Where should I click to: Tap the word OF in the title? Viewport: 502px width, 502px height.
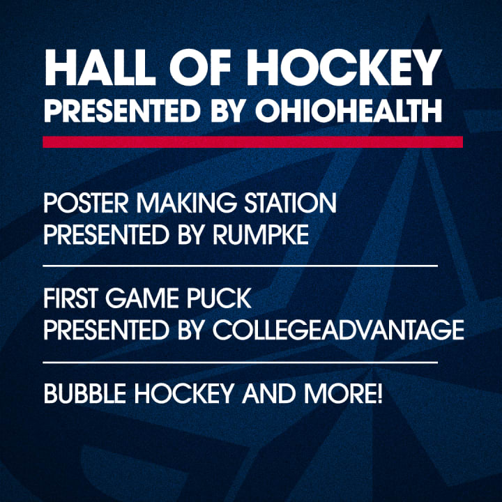pyautogui.click(x=200, y=68)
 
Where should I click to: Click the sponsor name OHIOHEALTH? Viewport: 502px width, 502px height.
pyautogui.click(x=349, y=110)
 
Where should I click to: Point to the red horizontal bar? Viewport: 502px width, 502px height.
pyautogui.click(x=252, y=142)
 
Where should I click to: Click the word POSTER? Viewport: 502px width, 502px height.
pyautogui.click(x=86, y=203)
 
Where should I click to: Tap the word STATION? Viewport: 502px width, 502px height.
pyautogui.click(x=290, y=203)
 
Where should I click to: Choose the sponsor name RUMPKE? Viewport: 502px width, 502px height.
pyautogui.click(x=260, y=234)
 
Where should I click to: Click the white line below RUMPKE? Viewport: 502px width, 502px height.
pyautogui.click(x=240, y=266)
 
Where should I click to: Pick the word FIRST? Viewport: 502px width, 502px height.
pyautogui.click(x=70, y=298)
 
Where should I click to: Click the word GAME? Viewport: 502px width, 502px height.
pyautogui.click(x=142, y=298)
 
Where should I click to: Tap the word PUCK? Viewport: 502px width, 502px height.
pyautogui.click(x=219, y=298)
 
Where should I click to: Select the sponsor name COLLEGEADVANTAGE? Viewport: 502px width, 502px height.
pyautogui.click(x=338, y=329)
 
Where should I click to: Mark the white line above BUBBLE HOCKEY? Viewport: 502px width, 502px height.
pyautogui.click(x=240, y=363)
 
